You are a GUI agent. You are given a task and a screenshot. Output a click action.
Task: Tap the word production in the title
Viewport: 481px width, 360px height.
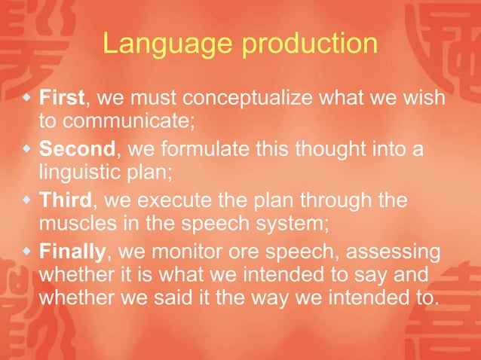pyautogui.click(x=310, y=44)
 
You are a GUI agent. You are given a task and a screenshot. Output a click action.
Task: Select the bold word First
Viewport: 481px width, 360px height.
pyautogui.click(x=63, y=99)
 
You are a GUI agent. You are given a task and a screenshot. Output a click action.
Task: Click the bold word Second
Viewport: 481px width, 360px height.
pyautogui.click(x=76, y=151)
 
